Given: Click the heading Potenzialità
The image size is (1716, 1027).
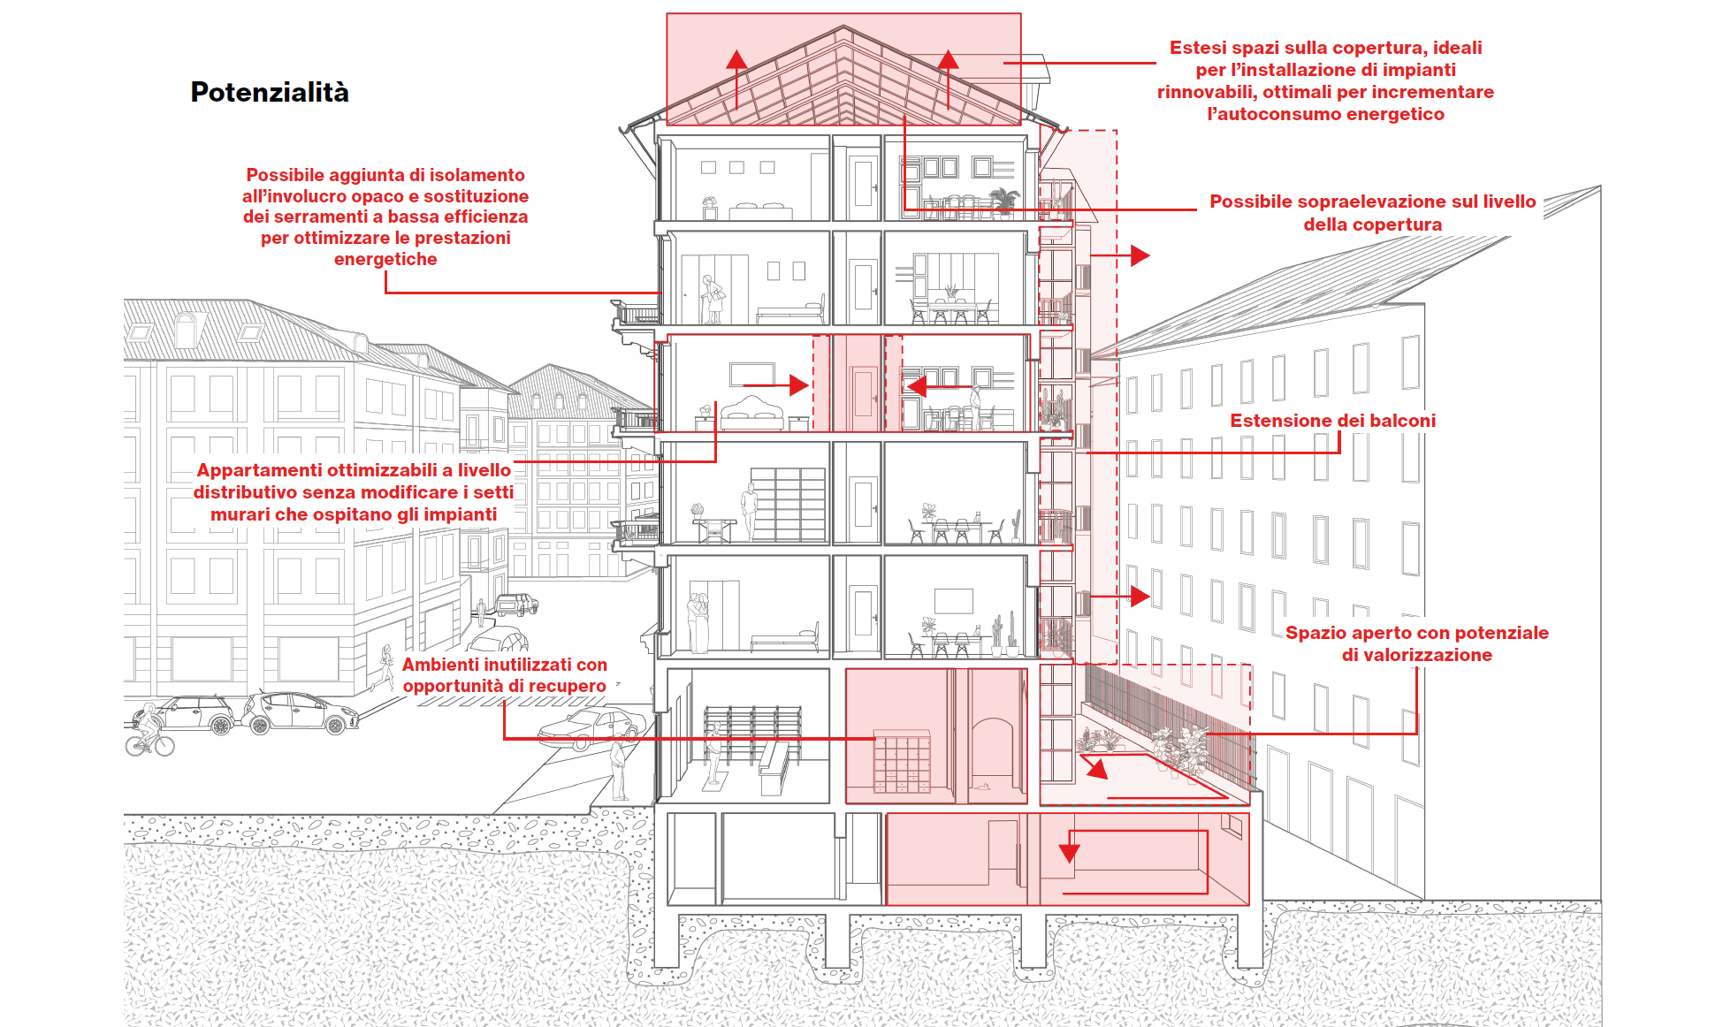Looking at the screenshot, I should [x=270, y=92].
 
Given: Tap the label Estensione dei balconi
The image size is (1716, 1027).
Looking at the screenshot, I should [x=1332, y=421].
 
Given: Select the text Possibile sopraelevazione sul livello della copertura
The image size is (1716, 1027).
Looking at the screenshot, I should [x=1372, y=213].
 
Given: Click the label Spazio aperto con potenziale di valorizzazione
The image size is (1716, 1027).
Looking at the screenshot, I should [x=1416, y=643].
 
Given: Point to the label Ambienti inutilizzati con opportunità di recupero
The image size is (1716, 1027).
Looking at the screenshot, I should [x=505, y=675].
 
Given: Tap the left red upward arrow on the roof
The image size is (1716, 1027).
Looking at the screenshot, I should [x=736, y=62].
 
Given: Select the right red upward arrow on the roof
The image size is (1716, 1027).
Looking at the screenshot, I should [x=948, y=62].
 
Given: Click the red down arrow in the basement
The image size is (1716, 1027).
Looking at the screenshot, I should [x=1069, y=852].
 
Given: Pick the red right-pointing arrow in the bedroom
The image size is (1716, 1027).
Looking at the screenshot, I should [x=797, y=385].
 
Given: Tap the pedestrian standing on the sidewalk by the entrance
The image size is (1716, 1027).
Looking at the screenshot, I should [x=618, y=769].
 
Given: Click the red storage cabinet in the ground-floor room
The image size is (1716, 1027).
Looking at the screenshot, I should [x=902, y=760].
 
